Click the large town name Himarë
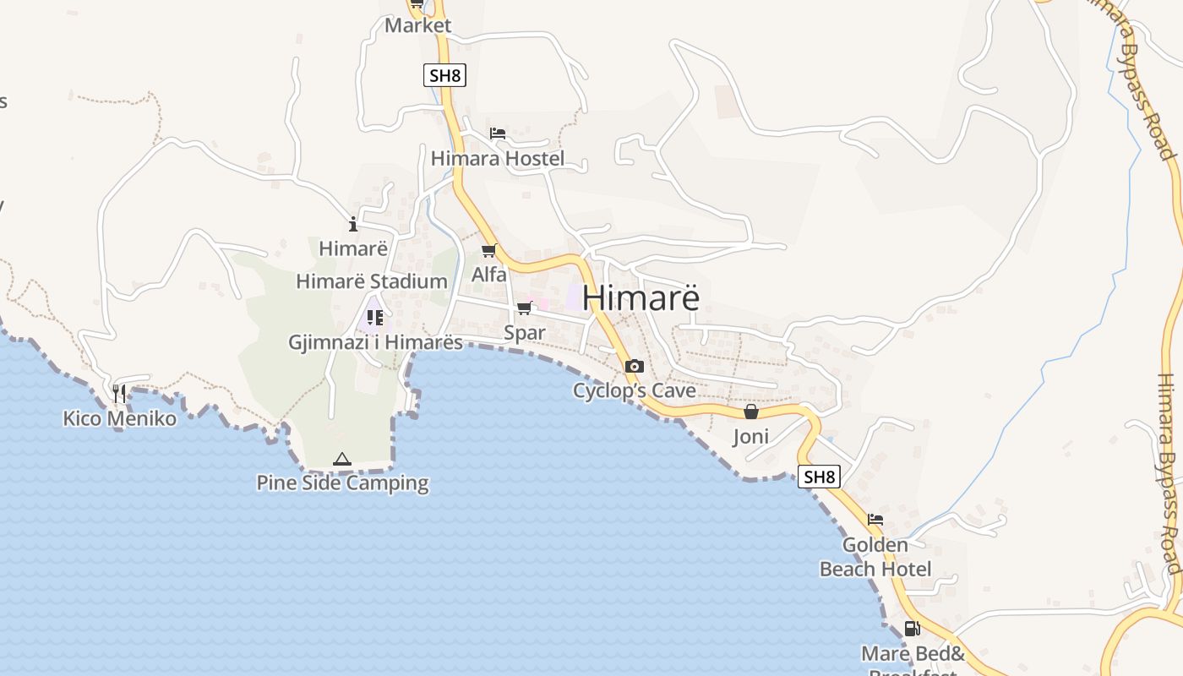click(641, 298)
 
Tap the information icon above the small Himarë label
click(353, 224)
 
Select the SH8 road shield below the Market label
click(444, 74)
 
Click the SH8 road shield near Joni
click(820, 477)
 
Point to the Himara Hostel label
click(498, 158)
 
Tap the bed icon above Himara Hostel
click(498, 134)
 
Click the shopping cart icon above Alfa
click(488, 250)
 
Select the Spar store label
click(525, 332)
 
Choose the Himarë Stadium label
click(372, 281)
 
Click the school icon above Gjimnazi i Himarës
click(375, 318)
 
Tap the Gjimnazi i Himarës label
click(376, 342)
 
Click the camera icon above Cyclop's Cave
click(634, 366)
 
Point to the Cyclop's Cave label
click(635, 390)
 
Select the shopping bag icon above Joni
click(750, 412)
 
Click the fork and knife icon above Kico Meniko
click(119, 393)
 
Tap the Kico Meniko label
click(120, 418)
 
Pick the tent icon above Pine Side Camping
click(341, 459)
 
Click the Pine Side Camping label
click(342, 483)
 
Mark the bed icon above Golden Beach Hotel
click(875, 520)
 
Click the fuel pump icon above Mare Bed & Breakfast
click(912, 628)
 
